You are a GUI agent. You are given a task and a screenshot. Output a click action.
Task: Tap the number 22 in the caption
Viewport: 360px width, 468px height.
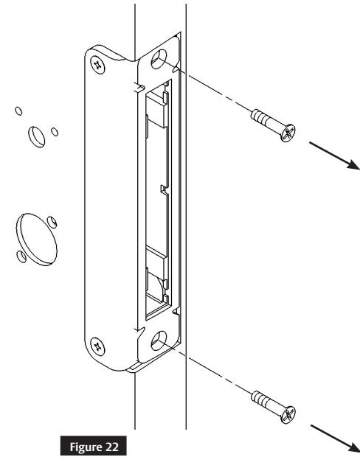coord(95,449)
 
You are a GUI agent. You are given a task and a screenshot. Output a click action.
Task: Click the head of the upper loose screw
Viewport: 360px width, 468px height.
coord(288,133)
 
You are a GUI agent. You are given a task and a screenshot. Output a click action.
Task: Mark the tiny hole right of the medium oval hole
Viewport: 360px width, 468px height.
coord(55,131)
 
